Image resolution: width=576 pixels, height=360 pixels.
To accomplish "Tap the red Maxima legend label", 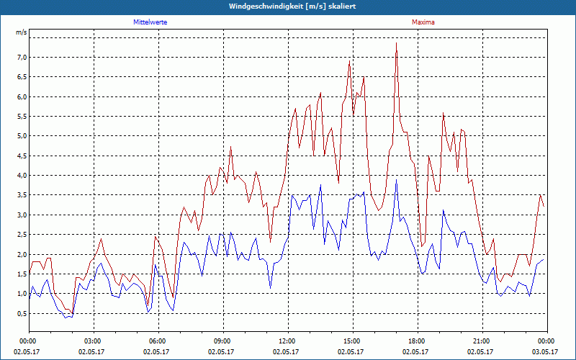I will click(423, 22).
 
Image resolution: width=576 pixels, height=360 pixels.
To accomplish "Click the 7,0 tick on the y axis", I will click(22, 57).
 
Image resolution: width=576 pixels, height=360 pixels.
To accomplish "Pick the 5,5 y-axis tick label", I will click(22, 116).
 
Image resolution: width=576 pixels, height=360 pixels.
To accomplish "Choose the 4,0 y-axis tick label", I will click(22, 175).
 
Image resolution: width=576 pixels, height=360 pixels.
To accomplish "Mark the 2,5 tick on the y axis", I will click(22, 234).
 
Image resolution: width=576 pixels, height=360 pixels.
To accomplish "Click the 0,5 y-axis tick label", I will click(22, 313).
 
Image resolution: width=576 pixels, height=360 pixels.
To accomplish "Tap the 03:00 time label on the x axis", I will click(93, 341).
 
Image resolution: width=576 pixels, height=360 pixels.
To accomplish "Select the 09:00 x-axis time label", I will click(222, 341).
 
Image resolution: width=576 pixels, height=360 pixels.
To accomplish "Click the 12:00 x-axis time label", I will click(287, 341).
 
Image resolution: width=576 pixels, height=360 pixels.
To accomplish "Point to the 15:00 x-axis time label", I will click(352, 341).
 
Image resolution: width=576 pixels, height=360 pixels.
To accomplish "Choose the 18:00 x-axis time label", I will click(417, 341).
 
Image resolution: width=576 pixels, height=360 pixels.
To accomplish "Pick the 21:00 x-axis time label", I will click(482, 341).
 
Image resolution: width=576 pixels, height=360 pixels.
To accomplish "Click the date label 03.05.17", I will click(546, 351).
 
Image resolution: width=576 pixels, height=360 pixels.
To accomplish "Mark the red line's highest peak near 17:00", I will click(396, 43).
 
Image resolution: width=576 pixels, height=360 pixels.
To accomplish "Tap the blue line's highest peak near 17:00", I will click(396, 180).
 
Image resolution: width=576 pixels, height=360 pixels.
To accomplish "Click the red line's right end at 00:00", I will click(544, 206).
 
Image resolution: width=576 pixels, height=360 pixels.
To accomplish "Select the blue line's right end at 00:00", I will click(544, 259).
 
